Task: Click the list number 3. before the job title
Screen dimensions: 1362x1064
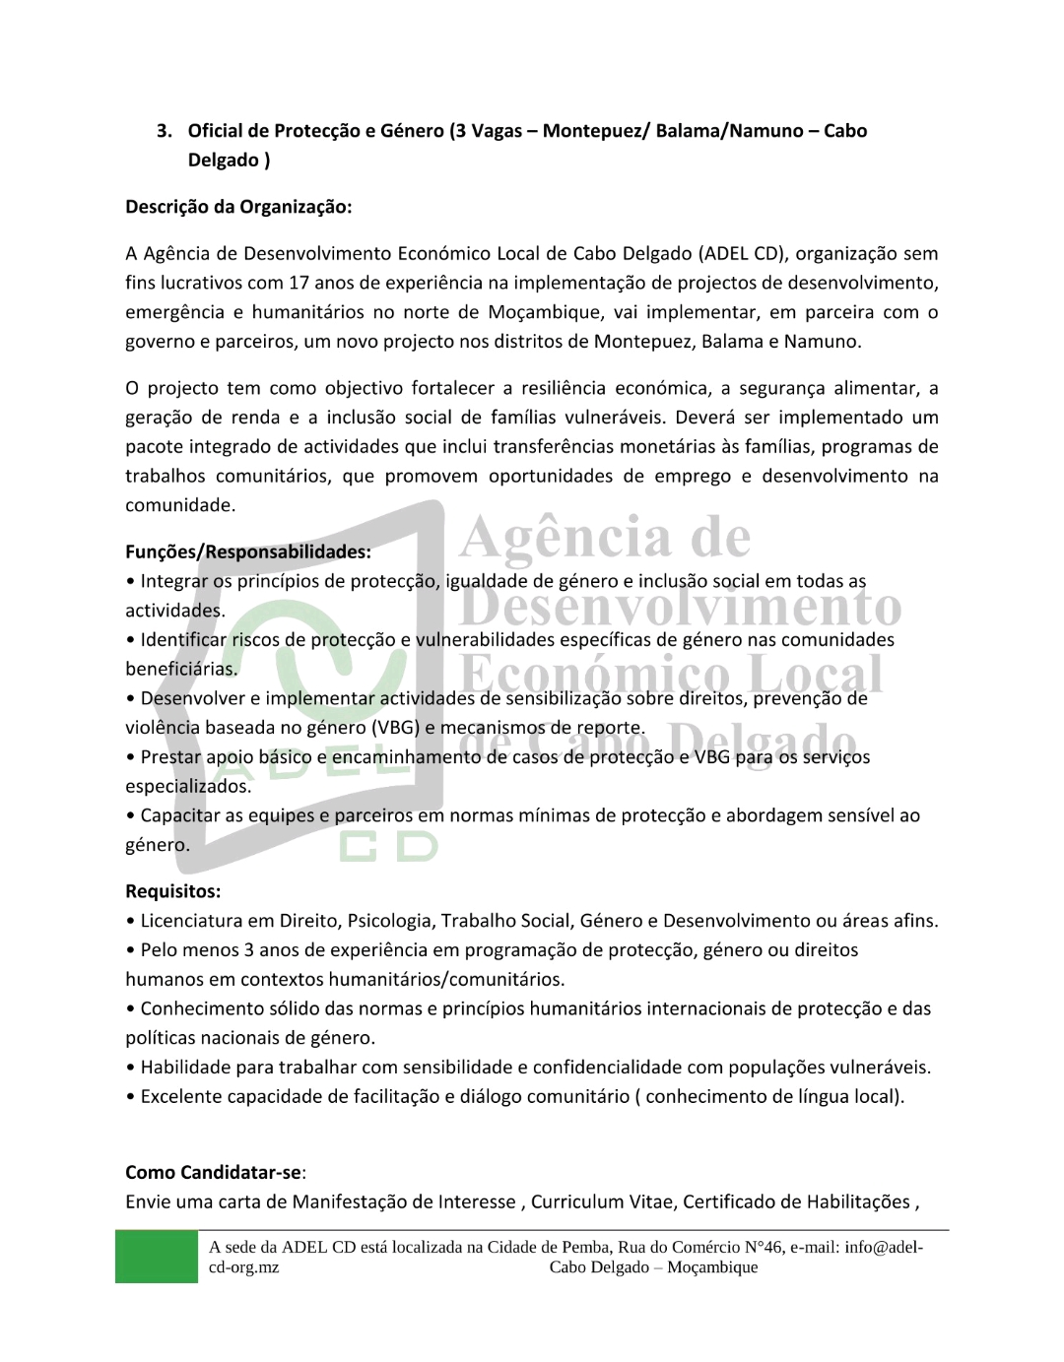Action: point(165,131)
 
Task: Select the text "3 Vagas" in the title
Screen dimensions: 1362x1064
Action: point(489,131)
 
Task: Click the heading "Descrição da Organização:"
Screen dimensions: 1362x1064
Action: point(238,207)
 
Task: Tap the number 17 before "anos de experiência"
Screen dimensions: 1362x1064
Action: point(299,284)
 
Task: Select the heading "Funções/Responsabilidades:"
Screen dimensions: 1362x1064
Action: point(248,552)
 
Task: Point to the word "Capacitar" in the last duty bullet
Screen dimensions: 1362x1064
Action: point(180,815)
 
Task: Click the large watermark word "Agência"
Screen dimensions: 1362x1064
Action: point(567,538)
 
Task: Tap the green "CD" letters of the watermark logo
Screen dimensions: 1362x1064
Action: point(388,847)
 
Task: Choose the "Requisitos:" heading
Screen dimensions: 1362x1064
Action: point(173,891)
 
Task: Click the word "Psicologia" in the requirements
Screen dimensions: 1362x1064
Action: point(389,921)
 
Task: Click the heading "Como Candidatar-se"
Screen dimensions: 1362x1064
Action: point(213,1173)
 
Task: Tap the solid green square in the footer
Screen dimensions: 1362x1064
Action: point(156,1257)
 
